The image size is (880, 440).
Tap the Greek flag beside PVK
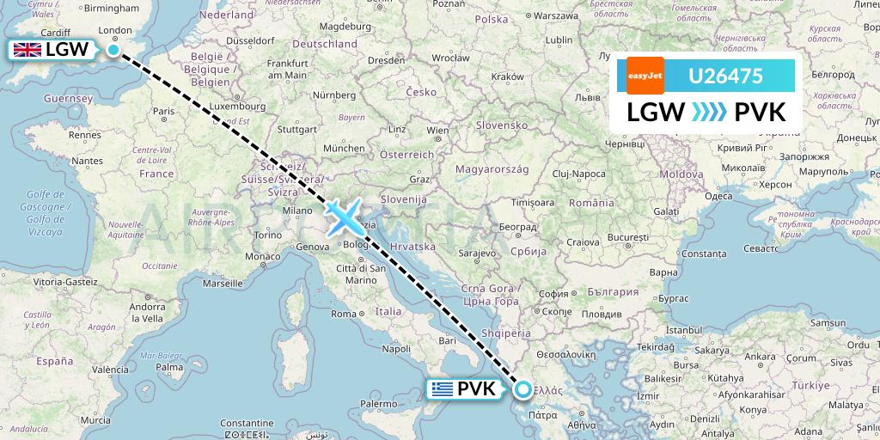pos(443,389)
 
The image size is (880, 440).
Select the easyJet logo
pos(644,76)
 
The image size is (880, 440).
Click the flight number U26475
pos(725,76)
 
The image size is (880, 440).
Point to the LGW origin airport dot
pos(113,50)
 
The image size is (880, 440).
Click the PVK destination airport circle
pos(523,389)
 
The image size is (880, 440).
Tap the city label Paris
pos(163,112)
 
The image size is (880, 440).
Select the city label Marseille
pos(223,283)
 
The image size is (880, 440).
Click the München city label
pos(344,148)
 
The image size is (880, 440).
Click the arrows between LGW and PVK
pos(709,113)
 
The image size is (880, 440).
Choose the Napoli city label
pos(396,349)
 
